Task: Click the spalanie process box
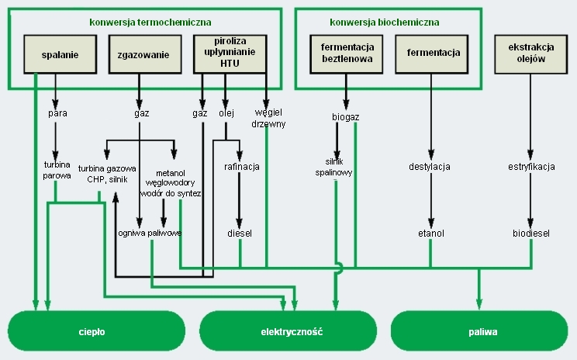click(x=55, y=54)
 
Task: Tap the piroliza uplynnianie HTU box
click(x=225, y=54)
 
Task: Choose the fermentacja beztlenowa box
click(x=347, y=54)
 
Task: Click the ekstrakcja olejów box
click(x=529, y=54)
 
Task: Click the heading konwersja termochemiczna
click(x=150, y=22)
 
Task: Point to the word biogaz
click(x=346, y=117)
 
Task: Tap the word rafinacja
click(x=241, y=167)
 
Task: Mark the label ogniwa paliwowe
click(x=150, y=232)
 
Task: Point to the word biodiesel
click(x=531, y=232)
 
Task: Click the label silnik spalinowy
click(x=339, y=167)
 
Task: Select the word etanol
click(x=430, y=232)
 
